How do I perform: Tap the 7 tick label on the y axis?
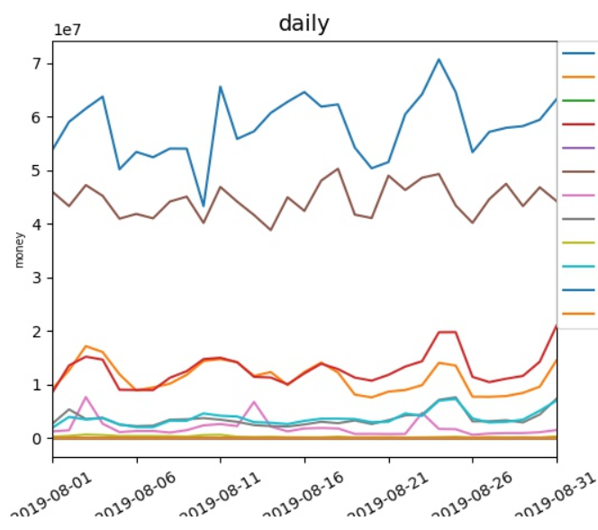(36, 63)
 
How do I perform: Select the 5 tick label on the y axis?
(36, 170)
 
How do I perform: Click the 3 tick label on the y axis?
(36, 278)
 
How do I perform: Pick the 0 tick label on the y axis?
(36, 439)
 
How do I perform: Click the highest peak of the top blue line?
(439, 59)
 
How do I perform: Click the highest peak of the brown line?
(338, 169)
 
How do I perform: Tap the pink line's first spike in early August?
(86, 397)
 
